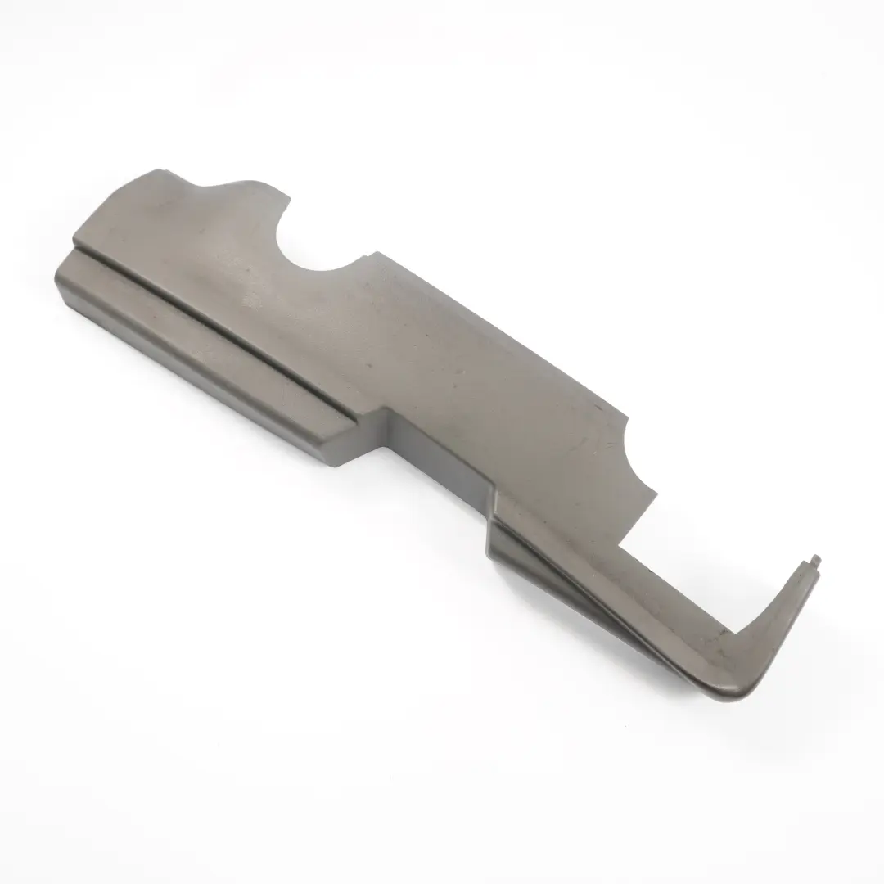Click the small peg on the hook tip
click(817, 560)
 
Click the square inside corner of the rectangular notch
click(620, 543)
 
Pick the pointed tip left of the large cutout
click(287, 196)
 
